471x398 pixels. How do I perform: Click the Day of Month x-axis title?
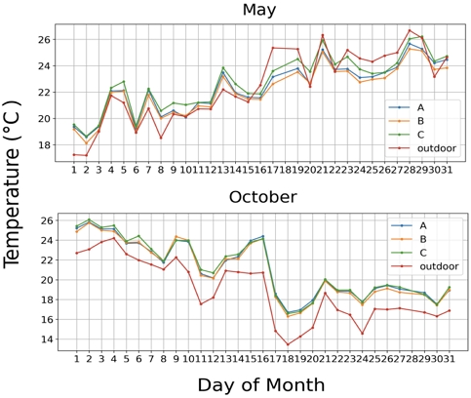(x=260, y=383)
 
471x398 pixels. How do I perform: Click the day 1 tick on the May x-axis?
(x=74, y=168)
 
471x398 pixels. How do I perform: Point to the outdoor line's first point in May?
(x=74, y=154)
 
